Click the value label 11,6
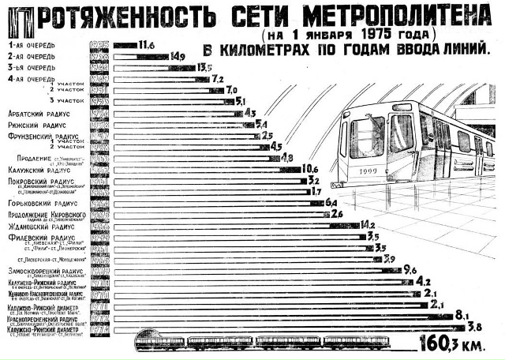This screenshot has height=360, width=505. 146,43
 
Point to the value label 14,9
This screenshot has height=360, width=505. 178,55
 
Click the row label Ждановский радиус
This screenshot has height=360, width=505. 40,226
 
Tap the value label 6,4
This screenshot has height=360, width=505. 331,202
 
